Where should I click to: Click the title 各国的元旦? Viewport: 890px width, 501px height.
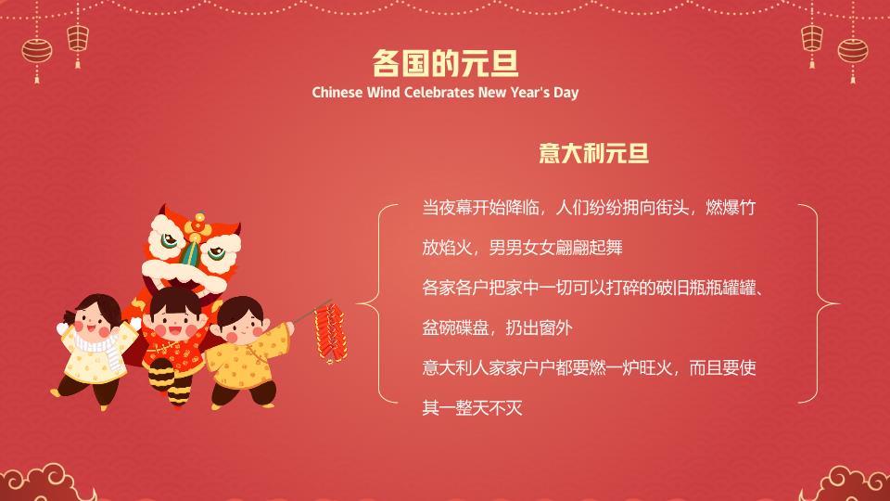(x=445, y=63)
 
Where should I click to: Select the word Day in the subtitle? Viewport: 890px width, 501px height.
(x=566, y=93)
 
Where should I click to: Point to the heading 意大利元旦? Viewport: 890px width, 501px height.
(x=593, y=153)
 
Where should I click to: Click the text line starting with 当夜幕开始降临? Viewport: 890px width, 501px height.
(x=589, y=208)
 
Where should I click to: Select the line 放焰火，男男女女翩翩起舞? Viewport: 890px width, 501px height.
(x=522, y=248)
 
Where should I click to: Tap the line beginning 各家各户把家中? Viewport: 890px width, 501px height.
(x=592, y=288)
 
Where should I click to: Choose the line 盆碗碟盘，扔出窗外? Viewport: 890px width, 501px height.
(x=497, y=328)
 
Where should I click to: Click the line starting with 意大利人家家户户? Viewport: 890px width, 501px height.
(x=589, y=367)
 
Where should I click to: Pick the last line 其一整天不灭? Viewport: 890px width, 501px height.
(x=472, y=407)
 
